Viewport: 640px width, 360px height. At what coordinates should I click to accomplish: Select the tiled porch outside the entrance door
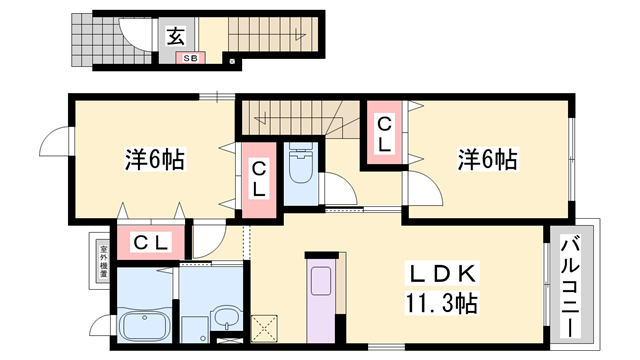tap(93, 39)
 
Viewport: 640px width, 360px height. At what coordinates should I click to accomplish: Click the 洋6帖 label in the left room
tap(155, 159)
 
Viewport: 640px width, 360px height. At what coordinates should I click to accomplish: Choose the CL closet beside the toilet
tap(259, 179)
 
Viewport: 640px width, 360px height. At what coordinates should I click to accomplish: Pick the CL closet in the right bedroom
tap(383, 133)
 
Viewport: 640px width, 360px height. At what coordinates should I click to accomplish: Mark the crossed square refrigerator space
tap(268, 326)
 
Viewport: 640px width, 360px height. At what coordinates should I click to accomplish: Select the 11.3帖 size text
tap(441, 303)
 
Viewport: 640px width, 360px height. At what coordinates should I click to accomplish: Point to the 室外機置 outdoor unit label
tap(102, 262)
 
